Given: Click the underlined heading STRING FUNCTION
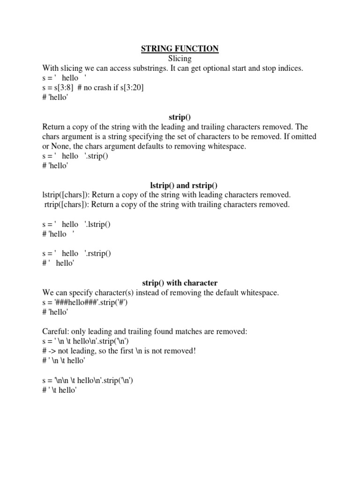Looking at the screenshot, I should [180, 48].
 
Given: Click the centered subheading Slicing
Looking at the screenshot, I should [180, 58].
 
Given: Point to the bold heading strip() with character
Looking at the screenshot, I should [180, 283].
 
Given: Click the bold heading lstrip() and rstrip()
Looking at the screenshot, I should [180, 185].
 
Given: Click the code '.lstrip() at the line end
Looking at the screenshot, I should [97, 224].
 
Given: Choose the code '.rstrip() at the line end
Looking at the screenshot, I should [98, 253].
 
